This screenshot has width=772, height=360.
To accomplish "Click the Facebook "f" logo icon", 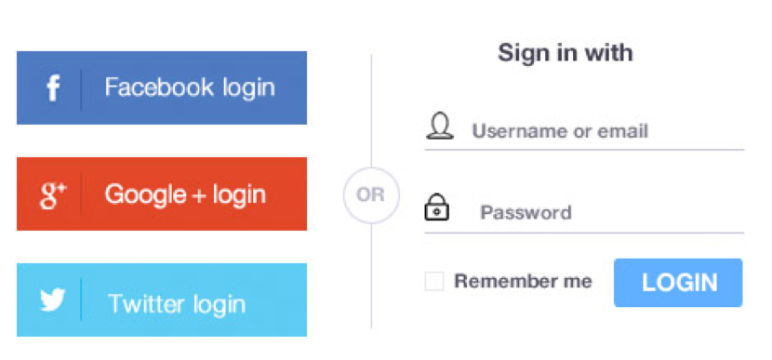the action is [53, 88].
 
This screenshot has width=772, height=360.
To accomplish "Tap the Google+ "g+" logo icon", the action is [53, 195].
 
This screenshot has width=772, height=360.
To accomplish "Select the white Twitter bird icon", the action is [53, 300].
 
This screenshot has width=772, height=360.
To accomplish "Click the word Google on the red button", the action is [146, 194].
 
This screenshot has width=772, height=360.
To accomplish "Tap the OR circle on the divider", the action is [371, 195].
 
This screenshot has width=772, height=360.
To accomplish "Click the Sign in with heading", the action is [566, 52].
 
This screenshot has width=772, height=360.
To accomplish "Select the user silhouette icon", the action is [439, 127].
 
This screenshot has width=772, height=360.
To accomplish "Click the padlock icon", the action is [436, 207].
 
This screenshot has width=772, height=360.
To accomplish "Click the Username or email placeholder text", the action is [560, 131].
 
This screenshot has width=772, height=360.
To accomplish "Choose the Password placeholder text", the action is [526, 213].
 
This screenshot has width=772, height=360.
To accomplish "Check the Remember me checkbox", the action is [434, 281].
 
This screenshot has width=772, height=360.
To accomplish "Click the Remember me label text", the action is [523, 281].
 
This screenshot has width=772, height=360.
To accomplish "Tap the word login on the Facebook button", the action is [248, 88].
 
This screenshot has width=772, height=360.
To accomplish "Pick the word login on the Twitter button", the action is [220, 304].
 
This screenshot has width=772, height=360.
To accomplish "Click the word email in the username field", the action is [623, 131].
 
